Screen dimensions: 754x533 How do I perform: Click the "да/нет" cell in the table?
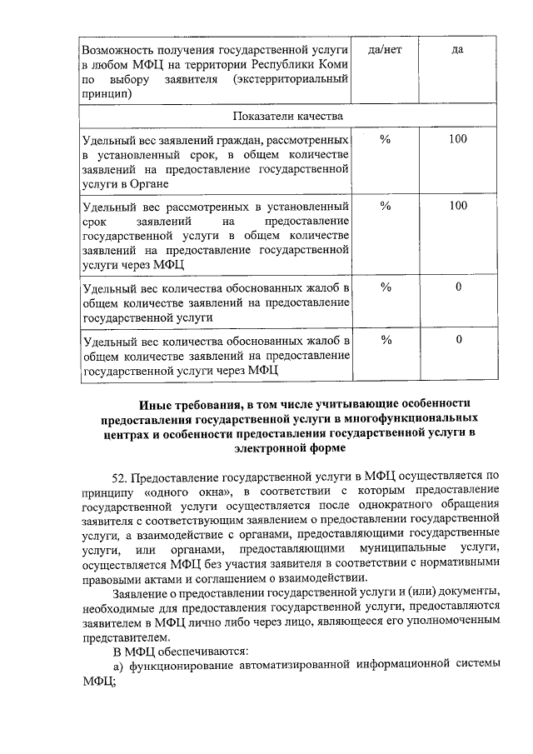coord(385,50)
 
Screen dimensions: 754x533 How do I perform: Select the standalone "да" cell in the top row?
coord(457,50)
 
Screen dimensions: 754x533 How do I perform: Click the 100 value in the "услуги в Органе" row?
coord(457,139)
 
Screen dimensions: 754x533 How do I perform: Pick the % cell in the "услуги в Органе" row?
coord(385,139)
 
